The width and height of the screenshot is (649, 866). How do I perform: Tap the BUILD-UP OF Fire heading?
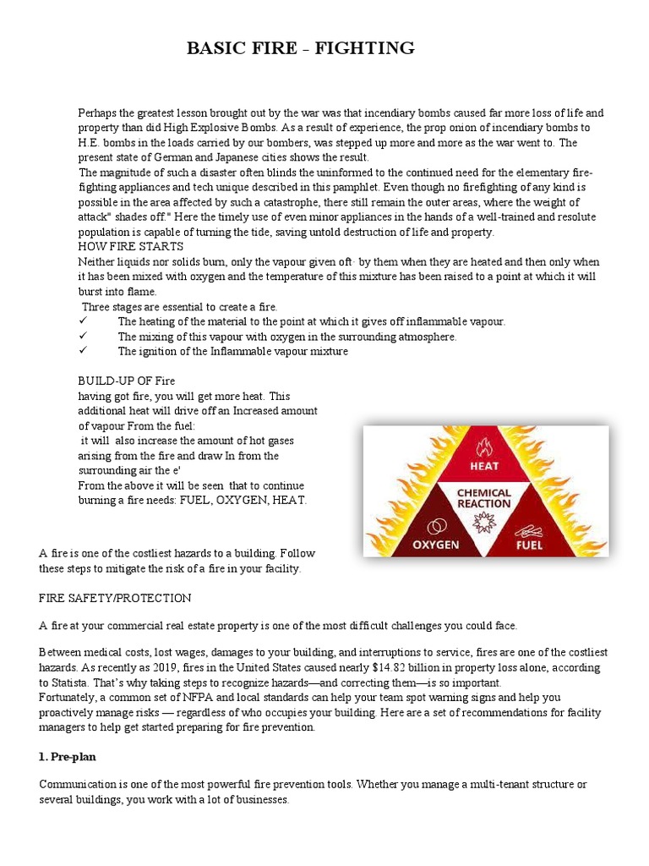[x=127, y=381]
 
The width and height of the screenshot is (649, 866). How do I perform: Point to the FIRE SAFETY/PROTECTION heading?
[x=116, y=598]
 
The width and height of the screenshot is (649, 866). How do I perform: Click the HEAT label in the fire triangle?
[x=484, y=466]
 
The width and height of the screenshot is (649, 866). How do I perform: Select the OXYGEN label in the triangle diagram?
[x=434, y=544]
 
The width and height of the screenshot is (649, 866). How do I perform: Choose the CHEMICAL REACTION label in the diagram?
[x=484, y=498]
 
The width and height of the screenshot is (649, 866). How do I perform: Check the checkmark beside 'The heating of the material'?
[x=83, y=322]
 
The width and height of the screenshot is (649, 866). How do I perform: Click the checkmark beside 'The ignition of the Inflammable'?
[x=83, y=352]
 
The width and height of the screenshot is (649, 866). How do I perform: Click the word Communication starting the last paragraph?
[x=79, y=785]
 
